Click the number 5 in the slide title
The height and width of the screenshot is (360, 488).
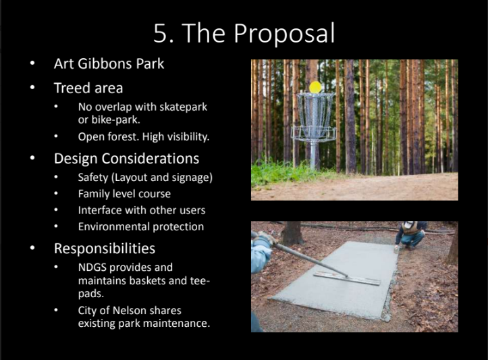pyautogui.click(x=161, y=33)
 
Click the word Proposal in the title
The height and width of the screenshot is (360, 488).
pyautogui.click(x=284, y=34)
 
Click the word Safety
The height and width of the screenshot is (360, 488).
pyautogui.click(x=93, y=178)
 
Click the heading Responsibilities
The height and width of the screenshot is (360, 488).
pyautogui.click(x=105, y=249)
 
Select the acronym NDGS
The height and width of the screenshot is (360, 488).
pyautogui.click(x=92, y=267)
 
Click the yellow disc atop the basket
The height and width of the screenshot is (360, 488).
pyautogui.click(x=315, y=87)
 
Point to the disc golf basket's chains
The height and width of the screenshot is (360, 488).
pyautogui.click(x=315, y=112)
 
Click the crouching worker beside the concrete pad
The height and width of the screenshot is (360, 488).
pyautogui.click(x=410, y=235)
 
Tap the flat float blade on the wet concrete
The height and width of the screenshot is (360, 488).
pyautogui.click(x=347, y=278)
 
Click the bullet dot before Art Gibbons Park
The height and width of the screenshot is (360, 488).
pyautogui.click(x=32, y=63)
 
